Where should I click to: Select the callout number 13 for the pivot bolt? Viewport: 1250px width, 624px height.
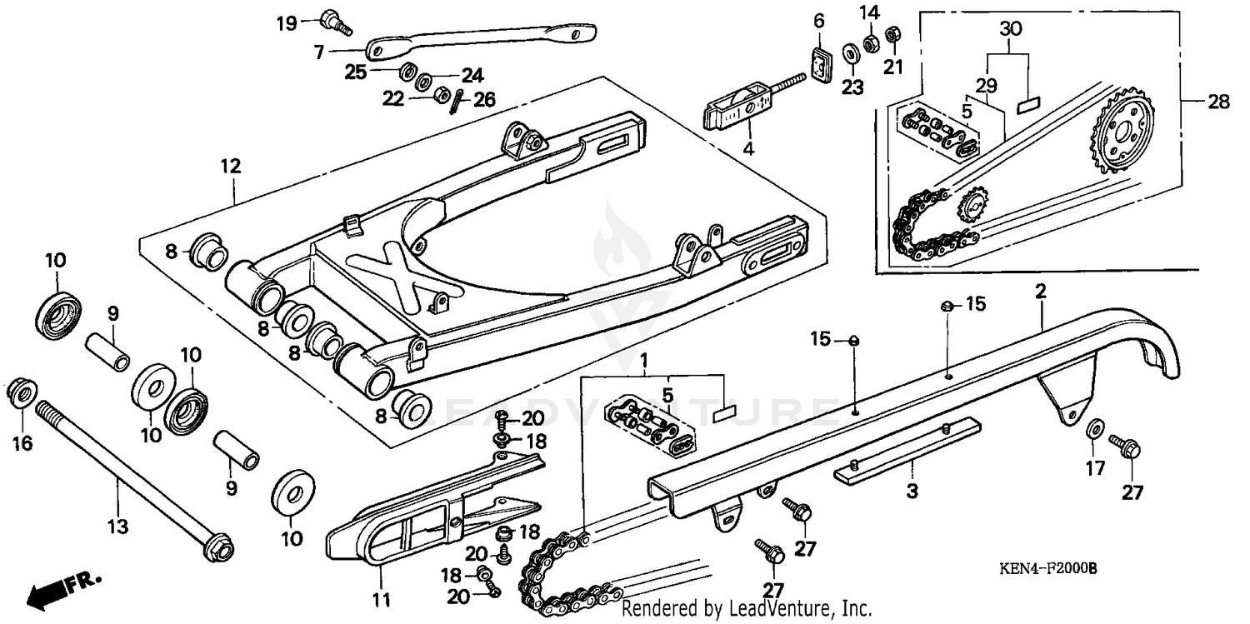click(x=118, y=526)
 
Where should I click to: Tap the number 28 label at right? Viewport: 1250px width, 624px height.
click(x=1217, y=102)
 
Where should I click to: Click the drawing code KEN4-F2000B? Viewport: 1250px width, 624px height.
click(x=1048, y=569)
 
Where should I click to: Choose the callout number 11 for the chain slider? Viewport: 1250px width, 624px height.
click(x=381, y=598)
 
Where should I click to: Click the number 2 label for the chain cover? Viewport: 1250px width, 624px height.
click(x=1040, y=292)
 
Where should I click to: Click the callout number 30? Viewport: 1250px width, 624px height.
click(x=1009, y=27)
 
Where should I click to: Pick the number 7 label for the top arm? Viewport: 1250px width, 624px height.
click(x=318, y=52)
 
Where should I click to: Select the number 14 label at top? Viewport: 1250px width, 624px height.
click(x=869, y=12)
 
